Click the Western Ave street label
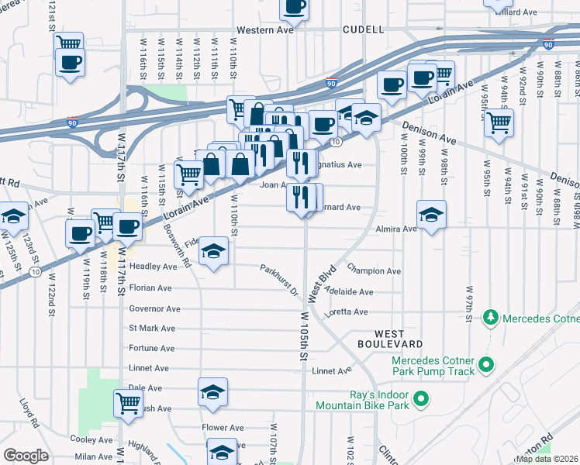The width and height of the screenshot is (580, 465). tap(265, 29)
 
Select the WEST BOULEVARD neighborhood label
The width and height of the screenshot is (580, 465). tap(390, 337)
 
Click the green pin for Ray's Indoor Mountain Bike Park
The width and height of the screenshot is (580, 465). tap(420, 399)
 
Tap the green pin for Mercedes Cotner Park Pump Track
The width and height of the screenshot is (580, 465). tap(486, 363)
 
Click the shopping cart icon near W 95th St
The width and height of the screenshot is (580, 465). tap(499, 121)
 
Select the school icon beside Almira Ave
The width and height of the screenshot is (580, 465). tap(432, 213)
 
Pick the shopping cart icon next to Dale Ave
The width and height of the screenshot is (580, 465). tap(128, 401)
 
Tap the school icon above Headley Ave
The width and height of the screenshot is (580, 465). tap(213, 250)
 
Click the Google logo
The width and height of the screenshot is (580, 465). tap(26, 456)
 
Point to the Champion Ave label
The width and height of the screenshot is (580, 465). tap(374, 271)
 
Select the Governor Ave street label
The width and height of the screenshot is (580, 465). tap(154, 308)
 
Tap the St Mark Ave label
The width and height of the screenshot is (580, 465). tap(154, 328)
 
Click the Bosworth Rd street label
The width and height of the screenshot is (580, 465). tap(178, 246)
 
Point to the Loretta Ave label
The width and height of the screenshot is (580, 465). tap(350, 312)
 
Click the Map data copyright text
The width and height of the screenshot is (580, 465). tap(547, 459)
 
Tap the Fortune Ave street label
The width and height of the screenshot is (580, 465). tap(152, 348)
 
